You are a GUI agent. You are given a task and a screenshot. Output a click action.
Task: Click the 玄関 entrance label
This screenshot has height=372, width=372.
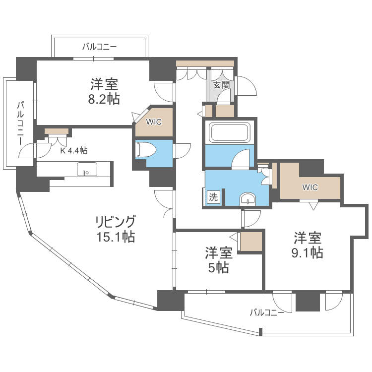click(221, 85)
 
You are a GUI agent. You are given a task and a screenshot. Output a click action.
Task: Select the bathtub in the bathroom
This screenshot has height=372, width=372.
click(229, 132)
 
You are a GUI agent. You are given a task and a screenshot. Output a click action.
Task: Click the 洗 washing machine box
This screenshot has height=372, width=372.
click(213, 196)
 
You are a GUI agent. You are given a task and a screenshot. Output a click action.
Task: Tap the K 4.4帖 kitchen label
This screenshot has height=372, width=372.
click(74, 150)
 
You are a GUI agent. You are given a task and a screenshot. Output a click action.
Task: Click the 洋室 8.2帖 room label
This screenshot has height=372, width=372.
click(104, 91)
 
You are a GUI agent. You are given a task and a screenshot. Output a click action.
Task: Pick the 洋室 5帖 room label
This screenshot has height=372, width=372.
click(219, 260)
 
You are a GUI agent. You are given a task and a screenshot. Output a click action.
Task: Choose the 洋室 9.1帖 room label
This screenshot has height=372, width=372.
click(308, 245)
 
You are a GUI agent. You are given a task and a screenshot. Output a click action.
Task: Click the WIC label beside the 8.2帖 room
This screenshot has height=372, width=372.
click(154, 122)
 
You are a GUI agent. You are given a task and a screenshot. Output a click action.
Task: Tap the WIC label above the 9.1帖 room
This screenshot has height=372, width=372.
click(310, 187)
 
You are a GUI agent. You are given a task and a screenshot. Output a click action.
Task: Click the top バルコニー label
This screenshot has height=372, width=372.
click(99, 48)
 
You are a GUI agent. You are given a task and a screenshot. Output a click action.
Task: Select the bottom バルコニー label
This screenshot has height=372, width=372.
click(267, 312)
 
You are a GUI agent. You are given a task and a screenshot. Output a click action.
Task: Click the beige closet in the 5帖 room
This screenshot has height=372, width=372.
click(250, 242)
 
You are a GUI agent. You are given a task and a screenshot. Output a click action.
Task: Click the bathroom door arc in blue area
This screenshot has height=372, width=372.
click(242, 159)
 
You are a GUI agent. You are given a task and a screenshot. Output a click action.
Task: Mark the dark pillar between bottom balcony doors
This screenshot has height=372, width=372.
click(308, 302)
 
